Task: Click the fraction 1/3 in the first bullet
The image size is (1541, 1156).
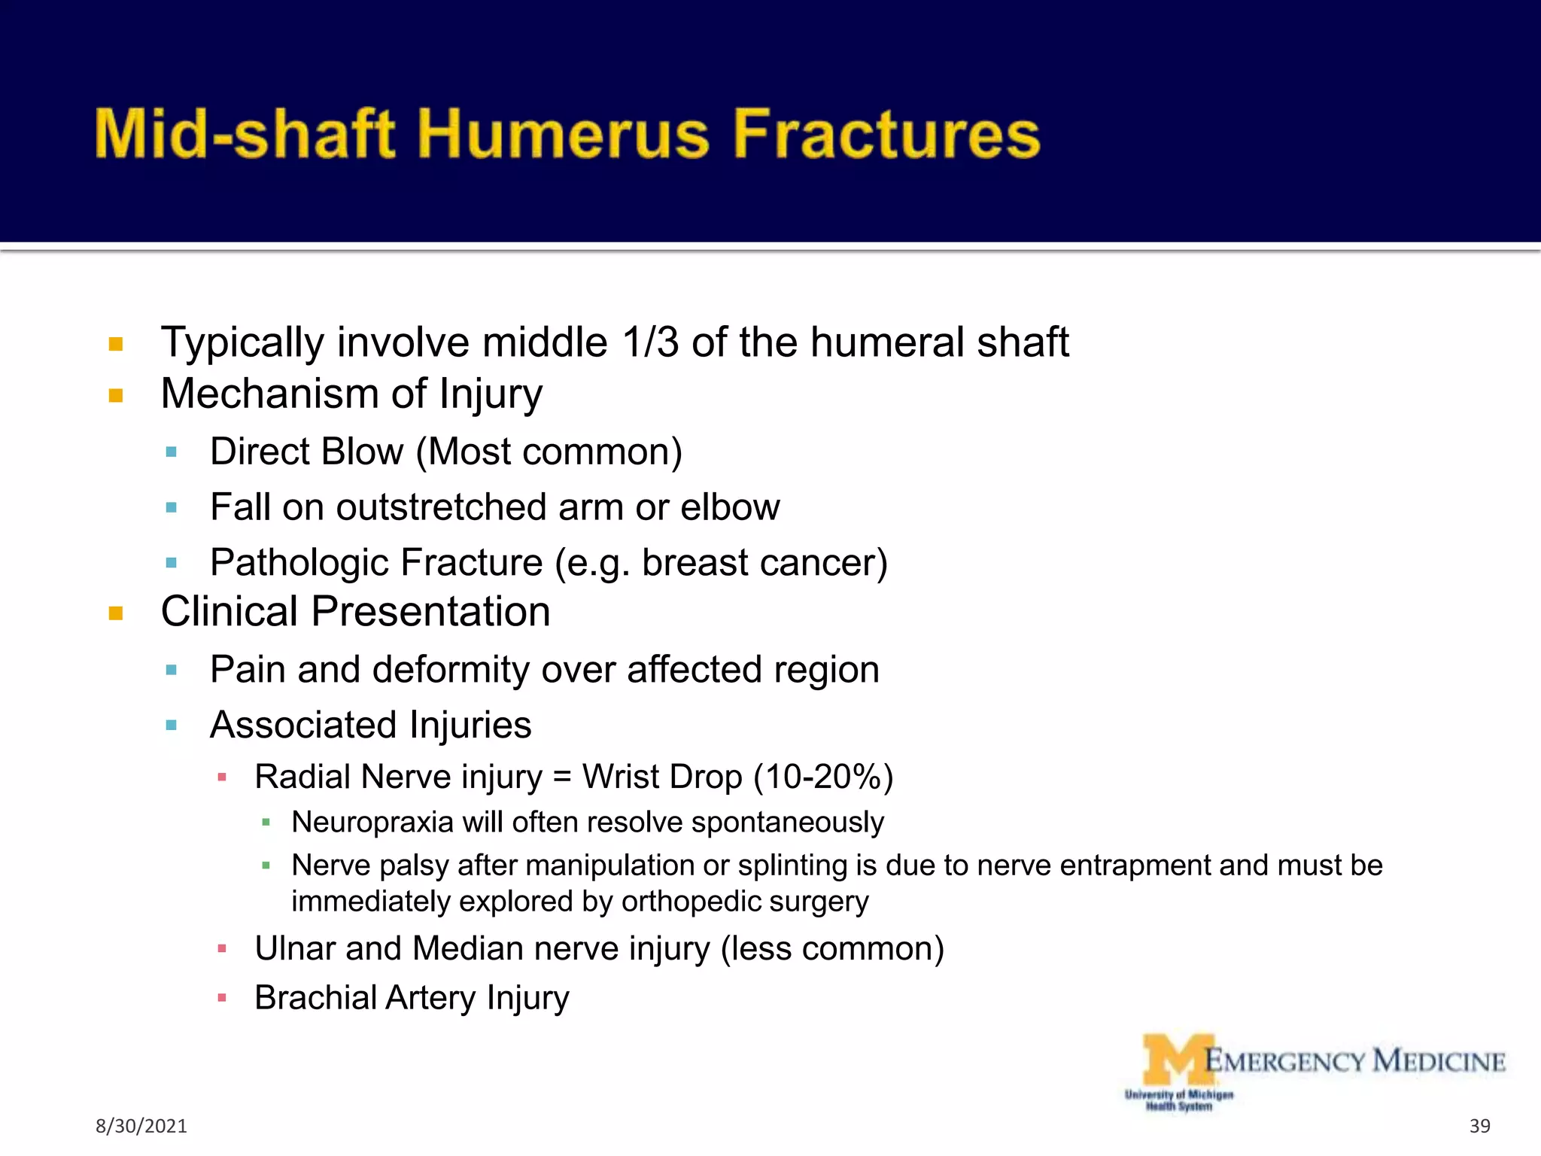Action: [650, 342]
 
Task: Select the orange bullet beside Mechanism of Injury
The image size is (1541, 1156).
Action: [116, 395]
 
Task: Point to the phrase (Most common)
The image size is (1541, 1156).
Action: [549, 452]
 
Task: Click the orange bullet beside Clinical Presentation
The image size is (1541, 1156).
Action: [116, 613]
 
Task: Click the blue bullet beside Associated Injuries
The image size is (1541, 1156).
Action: [172, 726]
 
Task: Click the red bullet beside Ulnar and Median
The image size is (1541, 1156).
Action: [222, 949]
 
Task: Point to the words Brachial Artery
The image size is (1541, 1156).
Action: [365, 998]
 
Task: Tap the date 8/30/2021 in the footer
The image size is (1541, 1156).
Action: [141, 1126]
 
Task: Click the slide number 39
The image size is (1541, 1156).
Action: [1479, 1126]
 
